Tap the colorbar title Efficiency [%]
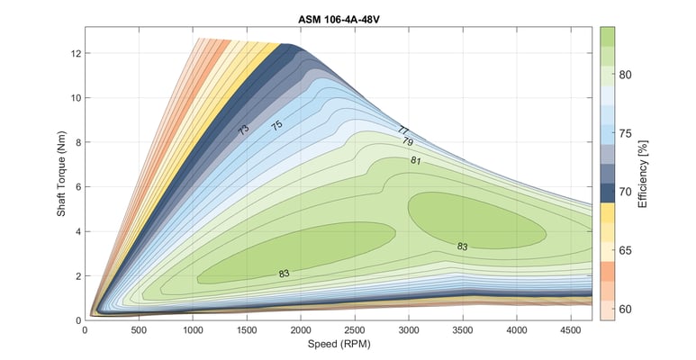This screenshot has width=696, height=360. click(x=642, y=174)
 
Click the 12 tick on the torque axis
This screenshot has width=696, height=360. click(x=76, y=53)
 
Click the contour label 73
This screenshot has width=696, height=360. click(x=243, y=130)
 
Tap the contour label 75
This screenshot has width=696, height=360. click(x=276, y=126)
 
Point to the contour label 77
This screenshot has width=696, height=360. click(x=402, y=130)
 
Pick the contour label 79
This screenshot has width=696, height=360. click(x=407, y=142)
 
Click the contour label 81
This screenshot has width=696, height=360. click(x=415, y=160)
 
